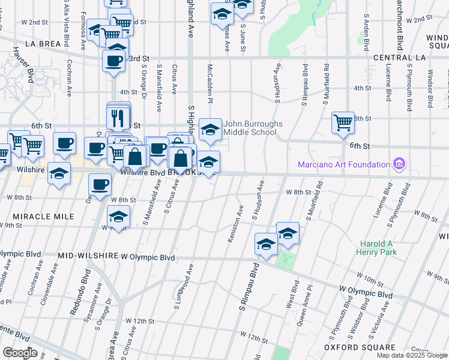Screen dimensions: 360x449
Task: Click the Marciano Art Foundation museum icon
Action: tap(398, 164)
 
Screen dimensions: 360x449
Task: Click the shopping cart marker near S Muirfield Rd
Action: tap(343, 123)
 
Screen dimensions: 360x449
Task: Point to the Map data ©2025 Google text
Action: tap(412, 355)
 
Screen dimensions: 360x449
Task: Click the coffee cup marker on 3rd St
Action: tap(113, 61)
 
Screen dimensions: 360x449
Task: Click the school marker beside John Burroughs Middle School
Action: tap(209, 130)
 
